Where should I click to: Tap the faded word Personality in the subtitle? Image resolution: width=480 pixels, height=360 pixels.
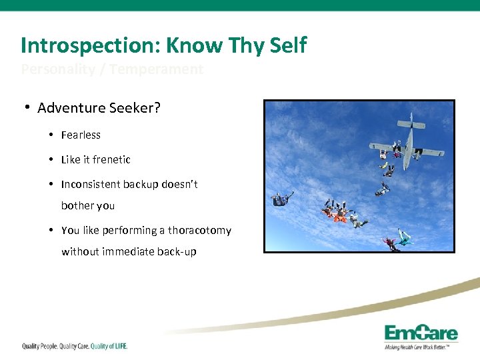58,69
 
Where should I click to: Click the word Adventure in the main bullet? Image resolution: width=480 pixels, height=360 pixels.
70,108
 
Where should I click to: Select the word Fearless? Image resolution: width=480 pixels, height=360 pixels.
81,135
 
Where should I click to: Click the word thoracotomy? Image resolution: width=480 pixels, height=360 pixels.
199,231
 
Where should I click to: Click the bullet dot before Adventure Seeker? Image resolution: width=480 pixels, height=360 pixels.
28,108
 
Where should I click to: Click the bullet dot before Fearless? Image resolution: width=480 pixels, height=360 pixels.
51,135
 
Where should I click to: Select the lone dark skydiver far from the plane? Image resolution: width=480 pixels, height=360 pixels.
282,199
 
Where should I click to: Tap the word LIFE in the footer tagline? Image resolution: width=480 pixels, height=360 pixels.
117,346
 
